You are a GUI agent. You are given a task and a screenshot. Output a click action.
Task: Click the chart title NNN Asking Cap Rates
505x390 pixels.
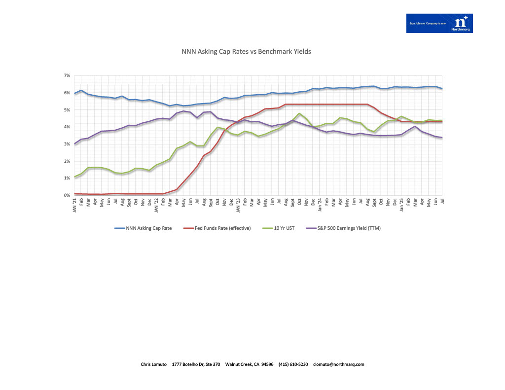coord(246,51)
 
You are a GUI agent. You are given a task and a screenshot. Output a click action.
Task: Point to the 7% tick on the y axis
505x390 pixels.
coord(67,75)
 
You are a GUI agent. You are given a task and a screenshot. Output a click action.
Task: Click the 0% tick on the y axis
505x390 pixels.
coord(67,195)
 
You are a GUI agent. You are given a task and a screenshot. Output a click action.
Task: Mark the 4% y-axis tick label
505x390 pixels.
coord(67,127)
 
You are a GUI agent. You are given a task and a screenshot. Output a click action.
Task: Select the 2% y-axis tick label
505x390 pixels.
coord(67,161)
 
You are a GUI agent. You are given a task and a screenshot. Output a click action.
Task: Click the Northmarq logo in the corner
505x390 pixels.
coord(439,23)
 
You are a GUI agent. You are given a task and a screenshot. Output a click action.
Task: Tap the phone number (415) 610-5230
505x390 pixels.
coord(293,364)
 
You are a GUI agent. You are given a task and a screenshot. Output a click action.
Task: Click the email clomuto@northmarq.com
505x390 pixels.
coord(339,364)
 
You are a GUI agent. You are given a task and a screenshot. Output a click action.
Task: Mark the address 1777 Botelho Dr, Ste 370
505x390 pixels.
coord(196,364)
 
